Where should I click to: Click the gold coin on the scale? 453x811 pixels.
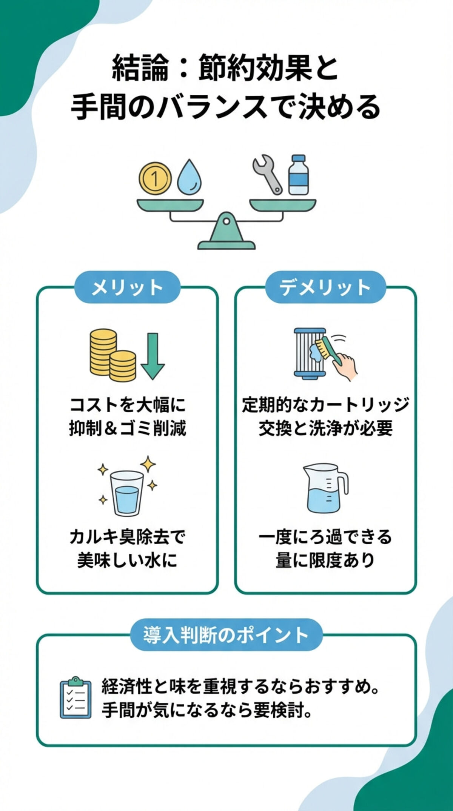155,178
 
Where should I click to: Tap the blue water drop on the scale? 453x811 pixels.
189,178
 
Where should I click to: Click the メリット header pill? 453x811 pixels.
127,287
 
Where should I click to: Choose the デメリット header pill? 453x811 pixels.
325,287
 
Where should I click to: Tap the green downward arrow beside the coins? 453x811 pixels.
153,356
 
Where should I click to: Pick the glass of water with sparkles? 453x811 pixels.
126,493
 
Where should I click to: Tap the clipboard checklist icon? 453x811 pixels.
75,697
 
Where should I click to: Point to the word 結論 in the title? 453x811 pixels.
140,68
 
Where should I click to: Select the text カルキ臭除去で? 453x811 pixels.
127,537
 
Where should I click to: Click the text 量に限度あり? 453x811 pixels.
325,561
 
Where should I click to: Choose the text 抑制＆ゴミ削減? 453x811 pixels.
127,429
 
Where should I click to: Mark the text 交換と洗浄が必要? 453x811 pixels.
325,429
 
